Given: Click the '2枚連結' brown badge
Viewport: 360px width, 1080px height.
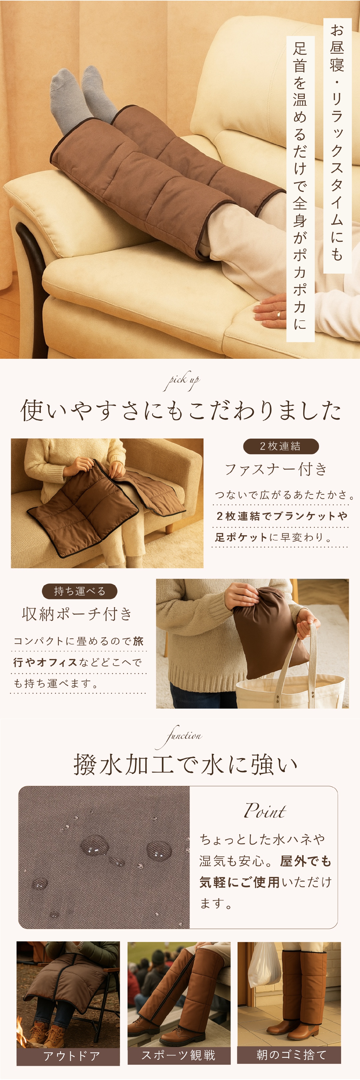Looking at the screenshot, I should (x=280, y=446).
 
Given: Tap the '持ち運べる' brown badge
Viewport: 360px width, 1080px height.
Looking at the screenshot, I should (x=79, y=591).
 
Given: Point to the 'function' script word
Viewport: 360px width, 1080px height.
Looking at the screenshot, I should (x=180, y=736).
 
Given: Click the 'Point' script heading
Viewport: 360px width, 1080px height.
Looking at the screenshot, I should (x=265, y=811).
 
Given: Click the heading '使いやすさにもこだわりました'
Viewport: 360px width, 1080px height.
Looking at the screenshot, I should (x=181, y=410).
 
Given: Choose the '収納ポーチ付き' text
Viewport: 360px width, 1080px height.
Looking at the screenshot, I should (x=77, y=614).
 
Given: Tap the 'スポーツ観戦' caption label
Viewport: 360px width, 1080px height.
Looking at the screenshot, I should (x=179, y=1055).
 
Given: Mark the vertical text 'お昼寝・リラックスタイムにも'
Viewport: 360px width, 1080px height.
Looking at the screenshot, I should (x=337, y=142).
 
